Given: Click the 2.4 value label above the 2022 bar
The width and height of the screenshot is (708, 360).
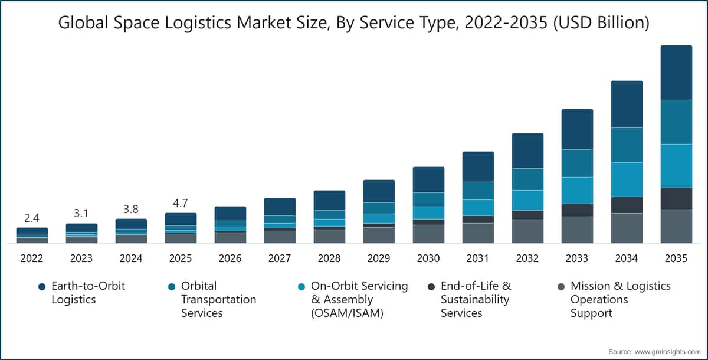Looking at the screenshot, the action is point(32,218).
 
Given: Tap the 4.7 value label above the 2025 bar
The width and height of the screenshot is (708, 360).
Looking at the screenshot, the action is point(180,203).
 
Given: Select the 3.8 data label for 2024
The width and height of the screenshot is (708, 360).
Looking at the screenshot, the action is point(130,209).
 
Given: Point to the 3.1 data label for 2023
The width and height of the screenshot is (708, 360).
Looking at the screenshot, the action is point(81,214).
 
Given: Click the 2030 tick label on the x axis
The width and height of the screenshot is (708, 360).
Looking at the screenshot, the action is point(428,258).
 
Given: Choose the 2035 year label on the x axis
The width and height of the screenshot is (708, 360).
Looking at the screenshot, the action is point(676,258).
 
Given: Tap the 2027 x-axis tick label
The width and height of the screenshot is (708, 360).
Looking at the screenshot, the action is point(280,258).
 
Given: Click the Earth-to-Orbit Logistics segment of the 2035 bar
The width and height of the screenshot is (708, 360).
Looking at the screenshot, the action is point(676,73).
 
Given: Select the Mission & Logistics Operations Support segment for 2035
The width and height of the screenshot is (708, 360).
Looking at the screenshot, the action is point(676,226).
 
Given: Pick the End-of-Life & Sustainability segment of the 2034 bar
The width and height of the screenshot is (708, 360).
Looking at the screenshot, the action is point(627,205).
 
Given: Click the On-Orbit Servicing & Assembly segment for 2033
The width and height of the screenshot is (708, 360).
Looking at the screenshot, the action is point(577,191).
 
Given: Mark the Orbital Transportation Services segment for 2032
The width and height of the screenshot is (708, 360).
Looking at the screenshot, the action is point(528,179).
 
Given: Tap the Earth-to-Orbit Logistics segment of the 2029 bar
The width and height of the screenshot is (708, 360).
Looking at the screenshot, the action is point(379,191).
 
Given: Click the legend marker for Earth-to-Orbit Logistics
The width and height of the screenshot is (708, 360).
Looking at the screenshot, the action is point(42,287).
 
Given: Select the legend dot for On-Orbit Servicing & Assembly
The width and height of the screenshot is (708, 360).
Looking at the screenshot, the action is point(301,287).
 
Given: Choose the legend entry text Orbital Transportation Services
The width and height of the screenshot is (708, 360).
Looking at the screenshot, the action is point(218,299).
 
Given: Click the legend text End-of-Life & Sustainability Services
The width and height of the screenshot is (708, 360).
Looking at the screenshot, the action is point(476,299).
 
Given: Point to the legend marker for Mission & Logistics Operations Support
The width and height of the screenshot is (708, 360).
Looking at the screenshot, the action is point(561,287).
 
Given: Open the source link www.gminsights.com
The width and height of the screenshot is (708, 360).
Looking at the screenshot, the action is point(667,352).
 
